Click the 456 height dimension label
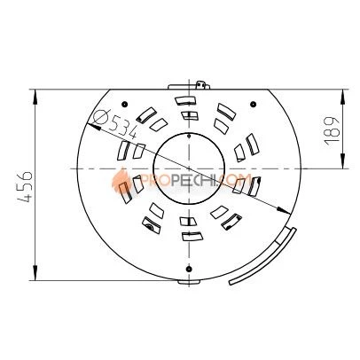24,186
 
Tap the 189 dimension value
332,130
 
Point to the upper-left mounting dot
124,104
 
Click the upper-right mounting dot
253,104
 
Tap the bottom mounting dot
189,269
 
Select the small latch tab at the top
202,84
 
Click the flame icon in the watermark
121,180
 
